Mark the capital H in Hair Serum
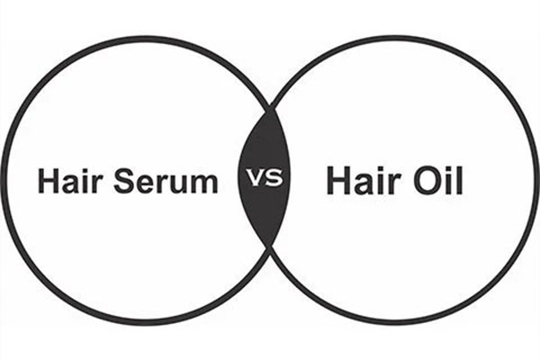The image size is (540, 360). [47, 181]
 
